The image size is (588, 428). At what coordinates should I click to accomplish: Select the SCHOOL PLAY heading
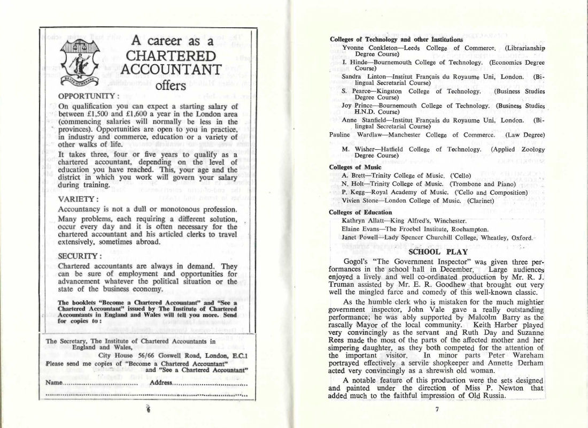[x=430, y=251]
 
